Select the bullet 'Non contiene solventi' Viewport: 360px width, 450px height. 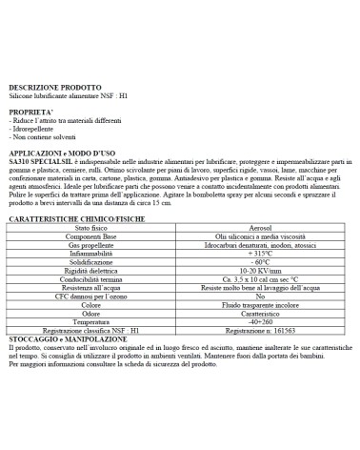pos(43,138)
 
